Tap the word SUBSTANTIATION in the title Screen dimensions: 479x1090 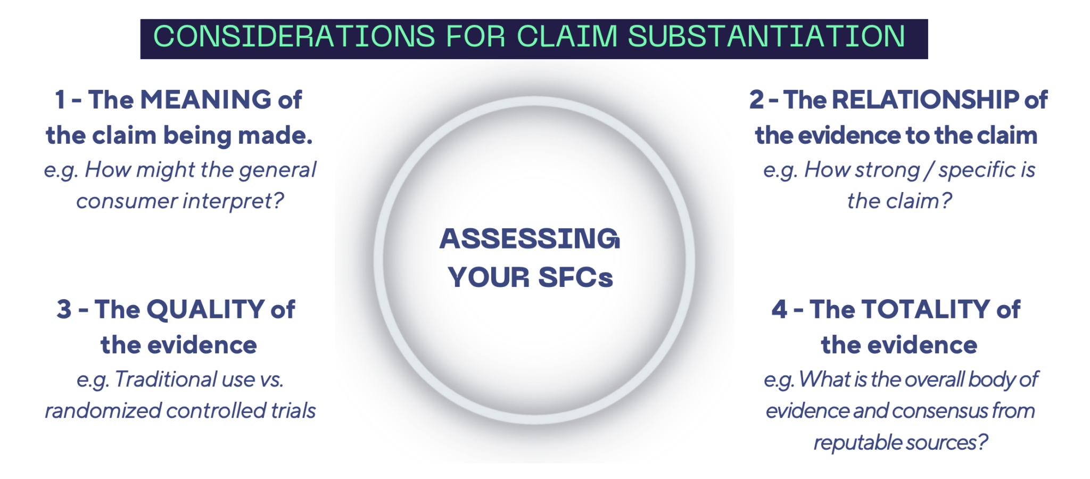(x=766, y=37)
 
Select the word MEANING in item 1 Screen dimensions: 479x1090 (x=205, y=100)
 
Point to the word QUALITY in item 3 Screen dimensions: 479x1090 (x=205, y=310)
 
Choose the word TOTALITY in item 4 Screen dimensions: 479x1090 (x=926, y=310)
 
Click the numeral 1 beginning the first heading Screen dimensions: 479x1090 (x=60, y=100)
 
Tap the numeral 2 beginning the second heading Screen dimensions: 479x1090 (x=756, y=100)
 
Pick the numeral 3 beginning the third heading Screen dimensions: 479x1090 (x=64, y=310)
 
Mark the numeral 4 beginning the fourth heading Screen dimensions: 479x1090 (x=779, y=310)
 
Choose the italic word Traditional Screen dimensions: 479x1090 (x=166, y=379)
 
